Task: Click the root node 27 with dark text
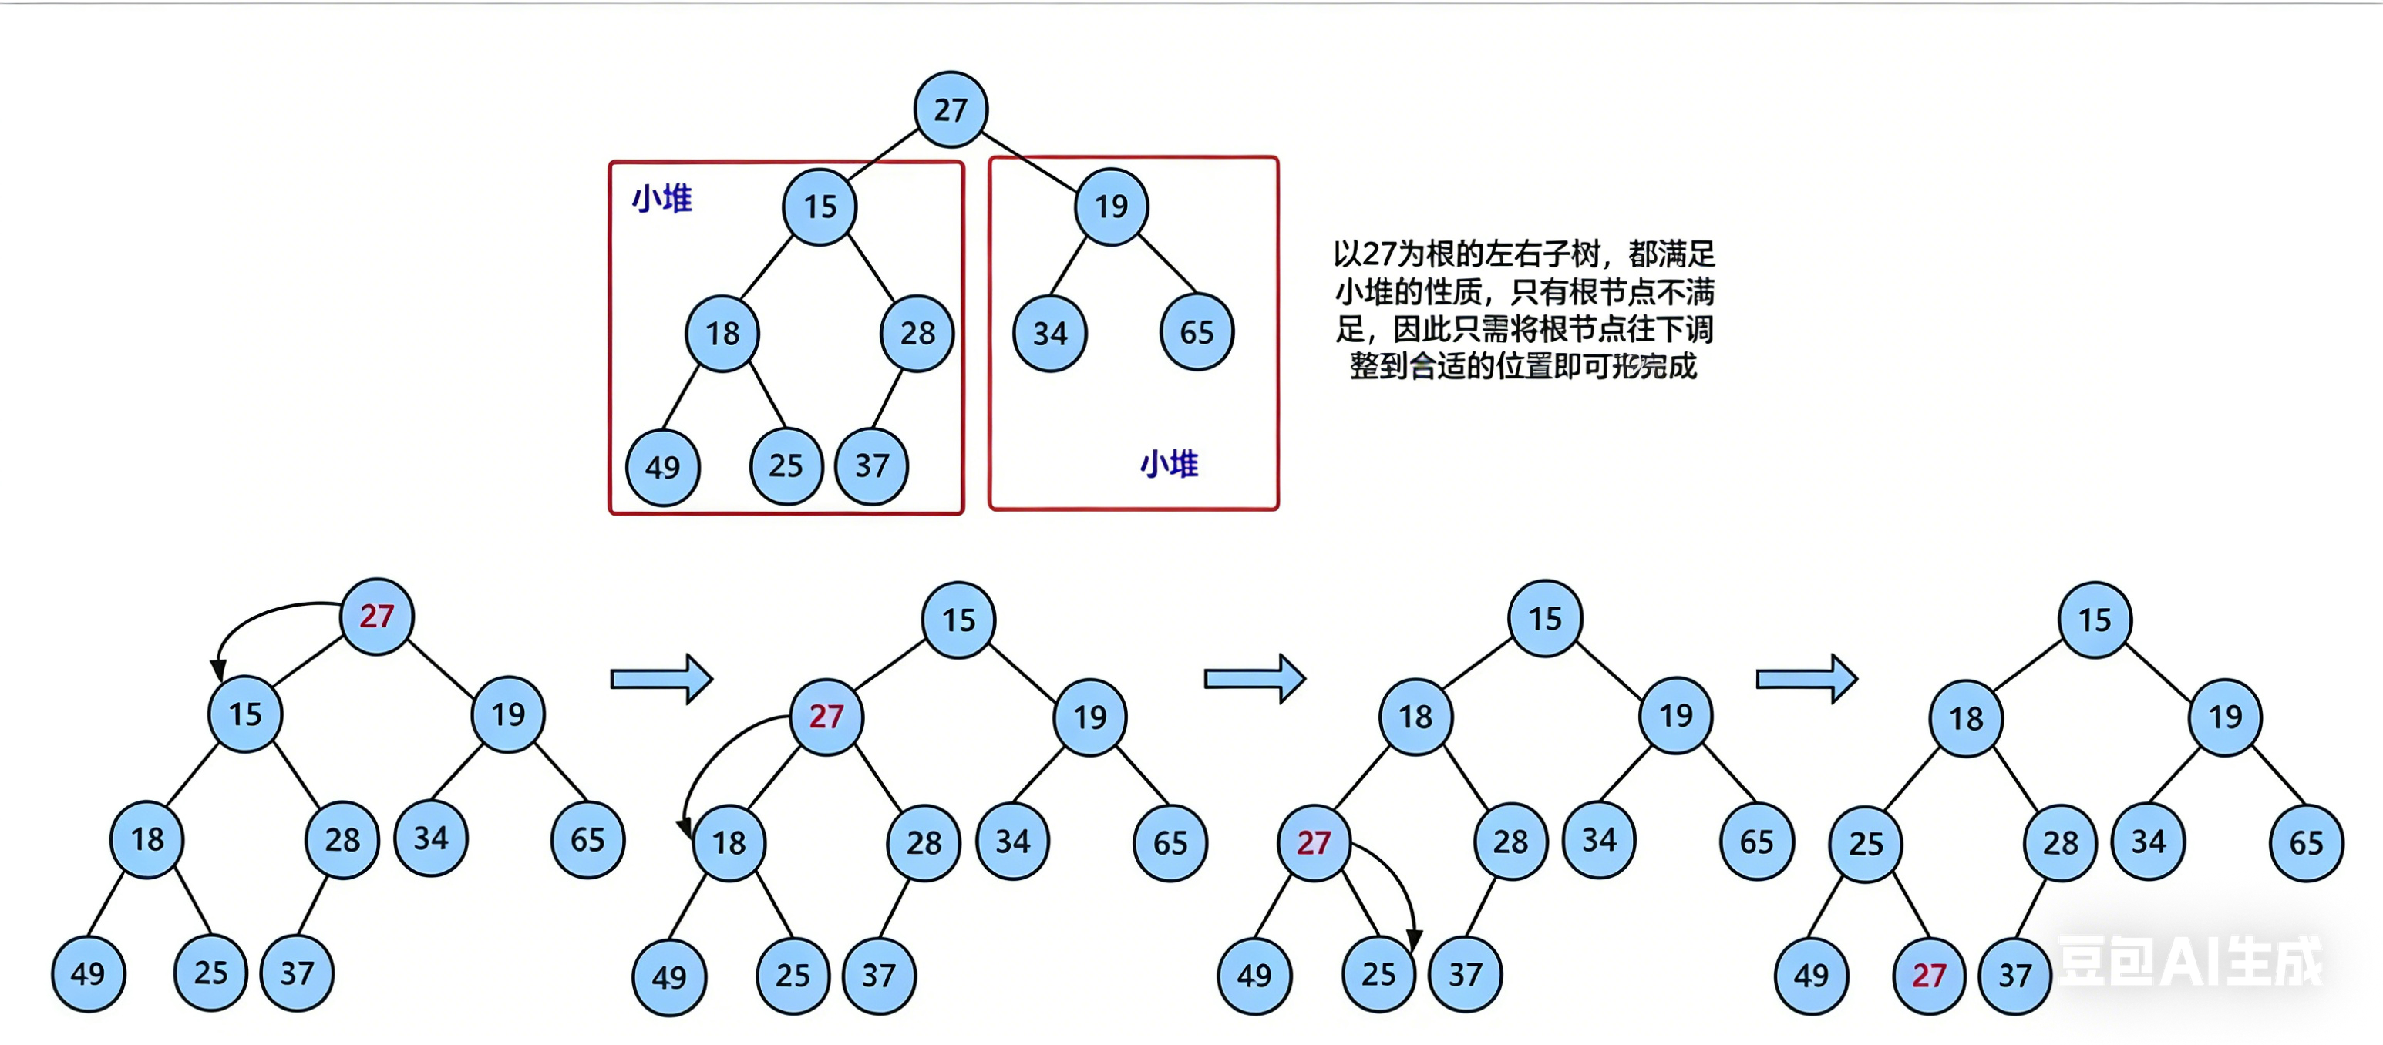tap(950, 110)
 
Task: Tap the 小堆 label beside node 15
tap(661, 199)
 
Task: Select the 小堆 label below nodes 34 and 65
tap(1169, 463)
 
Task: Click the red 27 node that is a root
tap(376, 616)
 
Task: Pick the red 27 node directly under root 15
tap(826, 716)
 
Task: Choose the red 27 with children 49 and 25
tap(1313, 842)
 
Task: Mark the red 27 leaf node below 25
tap(1929, 975)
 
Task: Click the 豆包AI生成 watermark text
tap(2188, 962)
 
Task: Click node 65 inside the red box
tap(1196, 333)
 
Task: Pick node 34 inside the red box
tap(1050, 333)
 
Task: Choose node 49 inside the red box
tap(662, 467)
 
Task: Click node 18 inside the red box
tap(722, 333)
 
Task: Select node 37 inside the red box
tap(871, 465)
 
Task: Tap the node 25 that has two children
tap(1865, 842)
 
